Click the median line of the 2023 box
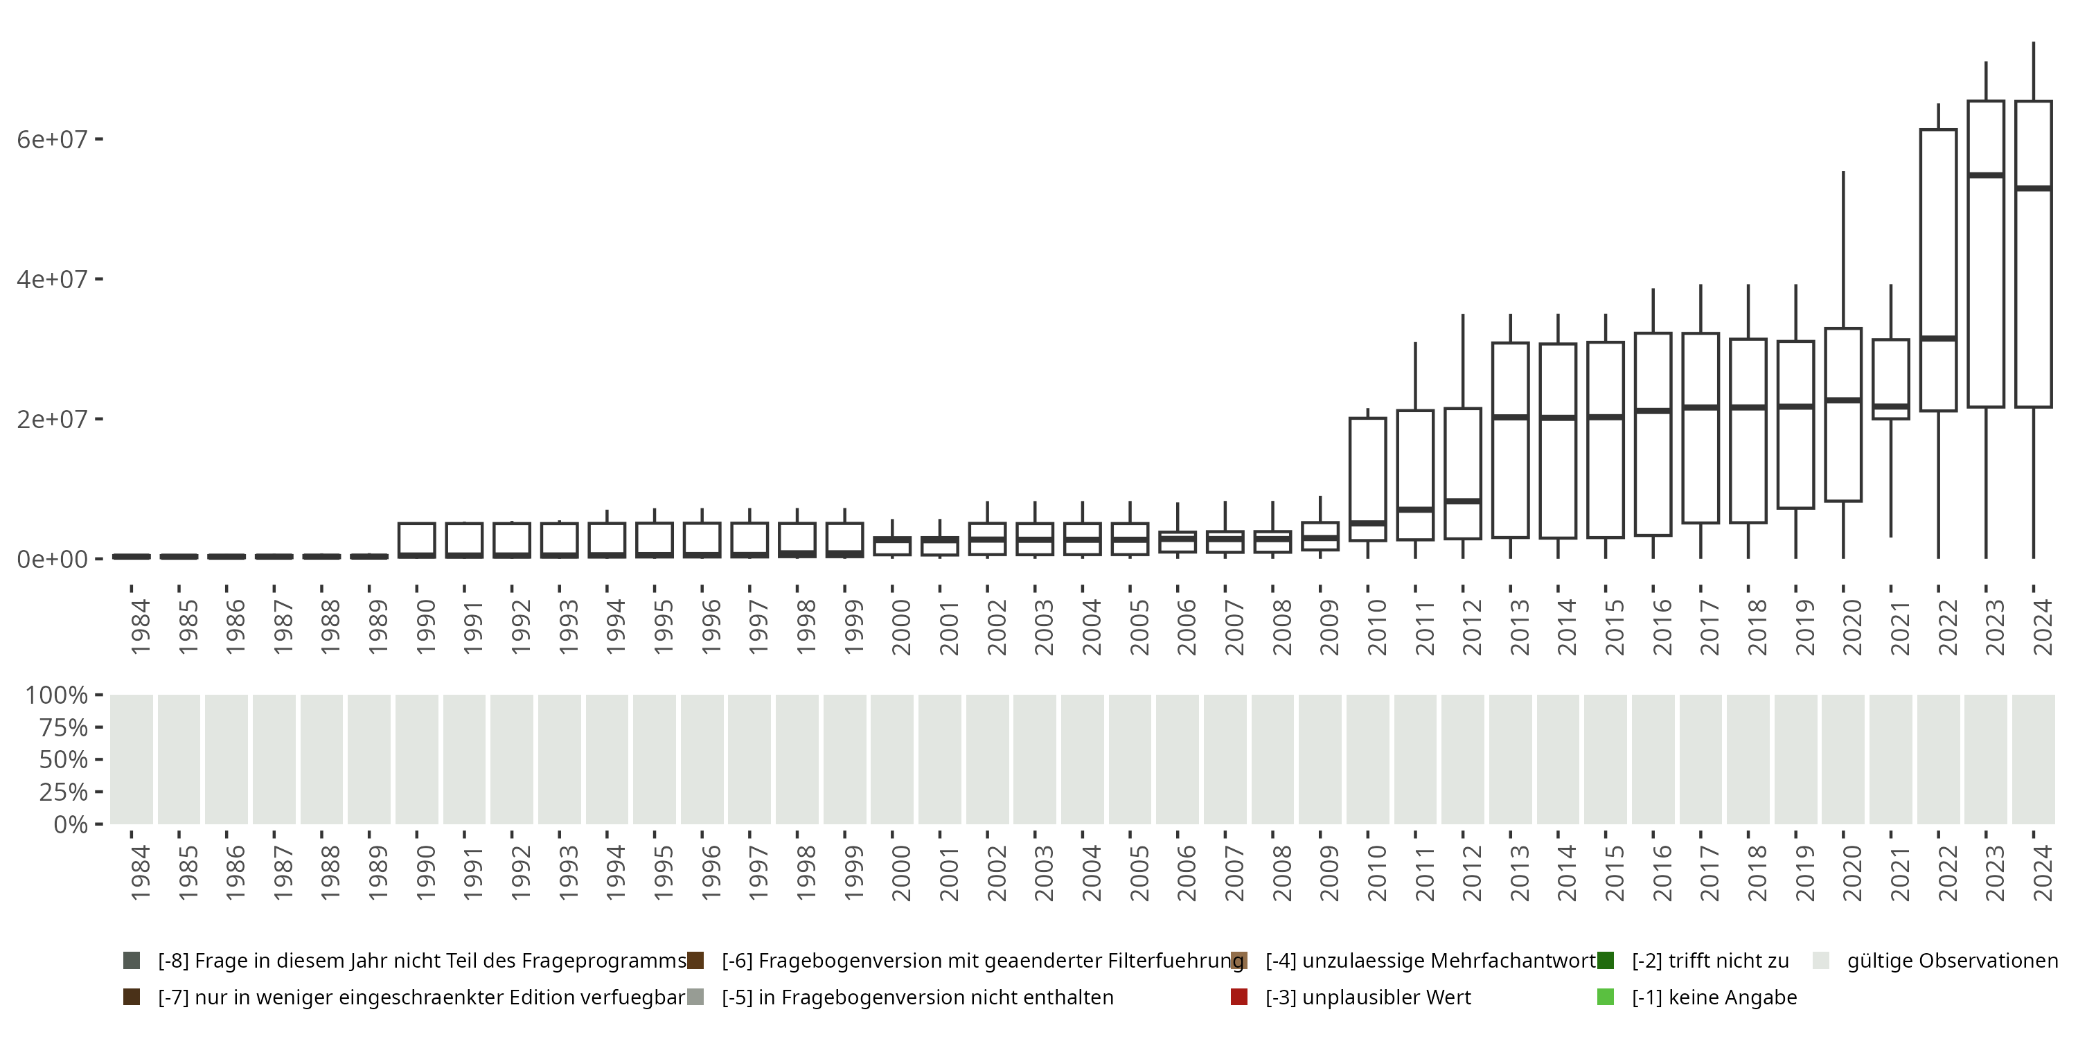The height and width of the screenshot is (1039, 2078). pos(1985,175)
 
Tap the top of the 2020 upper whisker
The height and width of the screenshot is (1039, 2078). pos(1843,172)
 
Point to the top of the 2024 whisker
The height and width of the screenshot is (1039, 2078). pos(2033,43)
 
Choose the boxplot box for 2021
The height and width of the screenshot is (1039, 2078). pos(1890,379)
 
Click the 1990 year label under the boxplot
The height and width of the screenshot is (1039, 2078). pos(425,627)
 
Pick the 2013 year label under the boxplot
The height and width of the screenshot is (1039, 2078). pos(1519,627)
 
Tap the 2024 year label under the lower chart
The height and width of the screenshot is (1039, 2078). pos(2042,873)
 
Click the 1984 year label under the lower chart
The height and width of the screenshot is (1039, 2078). pos(139,873)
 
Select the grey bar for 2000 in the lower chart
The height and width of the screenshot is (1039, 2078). pos(891,760)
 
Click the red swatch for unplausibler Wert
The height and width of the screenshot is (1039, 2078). pos(1239,997)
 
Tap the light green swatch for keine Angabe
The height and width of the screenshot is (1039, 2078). pos(1606,997)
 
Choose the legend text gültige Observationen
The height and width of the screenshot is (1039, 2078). pos(1952,961)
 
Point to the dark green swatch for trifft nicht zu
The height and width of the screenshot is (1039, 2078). pos(1606,961)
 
